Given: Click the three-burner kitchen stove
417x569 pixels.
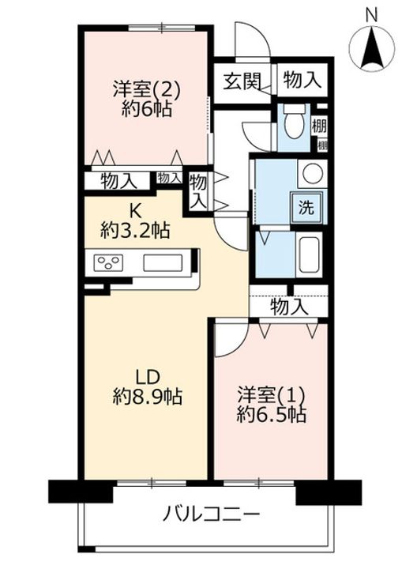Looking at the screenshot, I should click(x=111, y=263).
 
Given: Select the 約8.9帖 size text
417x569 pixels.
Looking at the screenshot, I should click(x=148, y=396).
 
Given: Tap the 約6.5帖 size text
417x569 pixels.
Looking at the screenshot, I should click(x=272, y=414).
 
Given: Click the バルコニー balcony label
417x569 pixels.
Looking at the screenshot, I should click(x=212, y=515).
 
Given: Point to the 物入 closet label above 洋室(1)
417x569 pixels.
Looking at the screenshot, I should click(x=288, y=307).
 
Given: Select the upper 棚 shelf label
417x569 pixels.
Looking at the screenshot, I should click(x=319, y=125).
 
